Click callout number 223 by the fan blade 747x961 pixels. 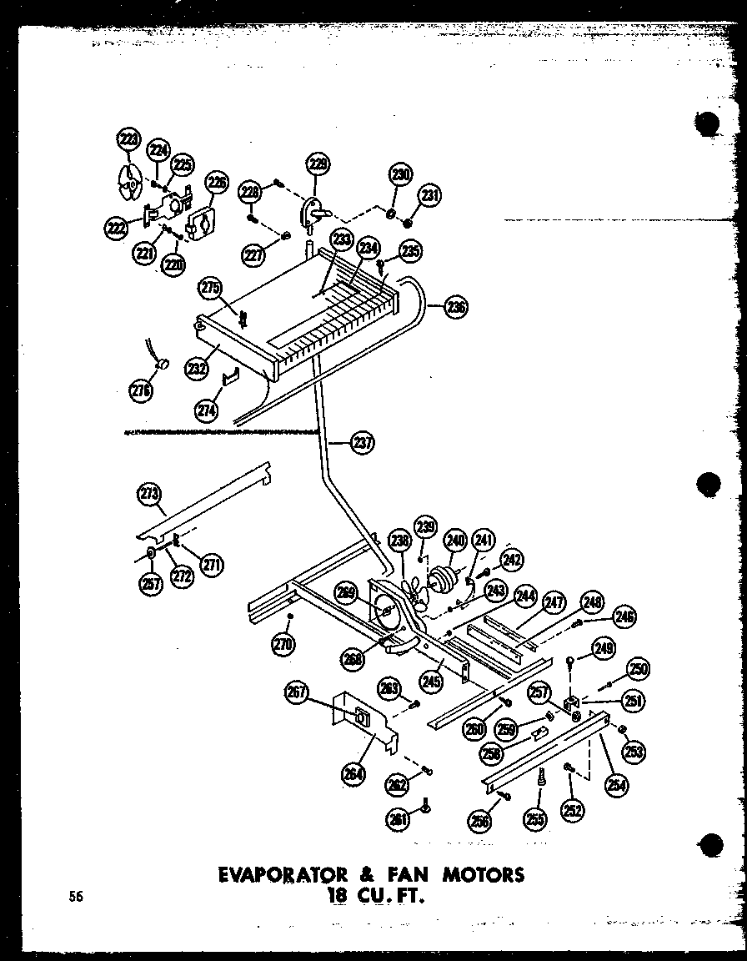click(x=128, y=141)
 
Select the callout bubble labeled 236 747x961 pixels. click(x=456, y=307)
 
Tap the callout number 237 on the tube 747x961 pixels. click(x=363, y=443)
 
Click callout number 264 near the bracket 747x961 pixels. click(x=353, y=774)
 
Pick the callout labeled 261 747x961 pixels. click(x=398, y=819)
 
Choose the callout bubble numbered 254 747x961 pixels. click(x=618, y=783)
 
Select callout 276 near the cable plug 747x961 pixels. click(x=142, y=390)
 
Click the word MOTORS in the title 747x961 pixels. click(x=484, y=874)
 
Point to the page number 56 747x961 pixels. click(x=77, y=897)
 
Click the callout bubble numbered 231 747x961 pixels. click(x=430, y=197)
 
